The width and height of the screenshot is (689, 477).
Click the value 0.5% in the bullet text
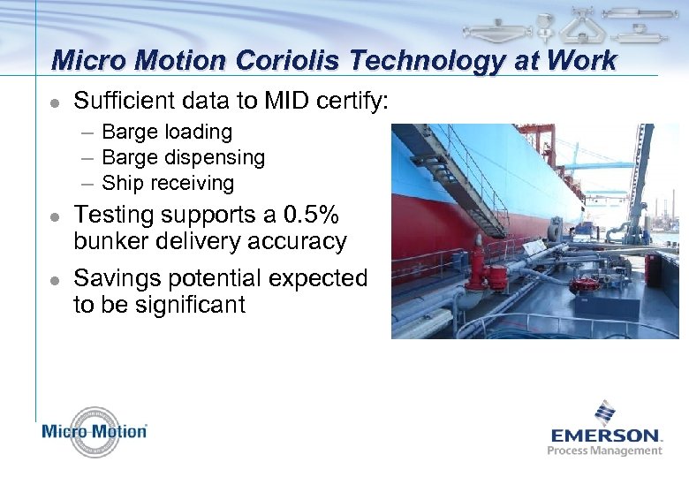click(x=308, y=216)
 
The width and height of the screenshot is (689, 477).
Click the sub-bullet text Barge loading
click(x=167, y=132)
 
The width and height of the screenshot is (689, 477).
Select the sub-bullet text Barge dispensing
click(x=183, y=158)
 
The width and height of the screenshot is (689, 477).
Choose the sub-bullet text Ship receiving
click(x=168, y=184)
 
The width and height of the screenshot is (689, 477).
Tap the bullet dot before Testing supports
click(x=54, y=216)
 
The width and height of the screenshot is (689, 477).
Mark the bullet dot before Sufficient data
click(x=54, y=102)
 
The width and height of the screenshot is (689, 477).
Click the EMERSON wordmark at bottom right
click(x=606, y=435)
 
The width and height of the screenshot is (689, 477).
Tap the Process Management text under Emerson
click(x=604, y=450)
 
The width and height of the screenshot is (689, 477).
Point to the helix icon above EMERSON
click(x=605, y=413)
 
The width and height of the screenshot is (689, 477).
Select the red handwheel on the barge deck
click(x=582, y=284)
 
